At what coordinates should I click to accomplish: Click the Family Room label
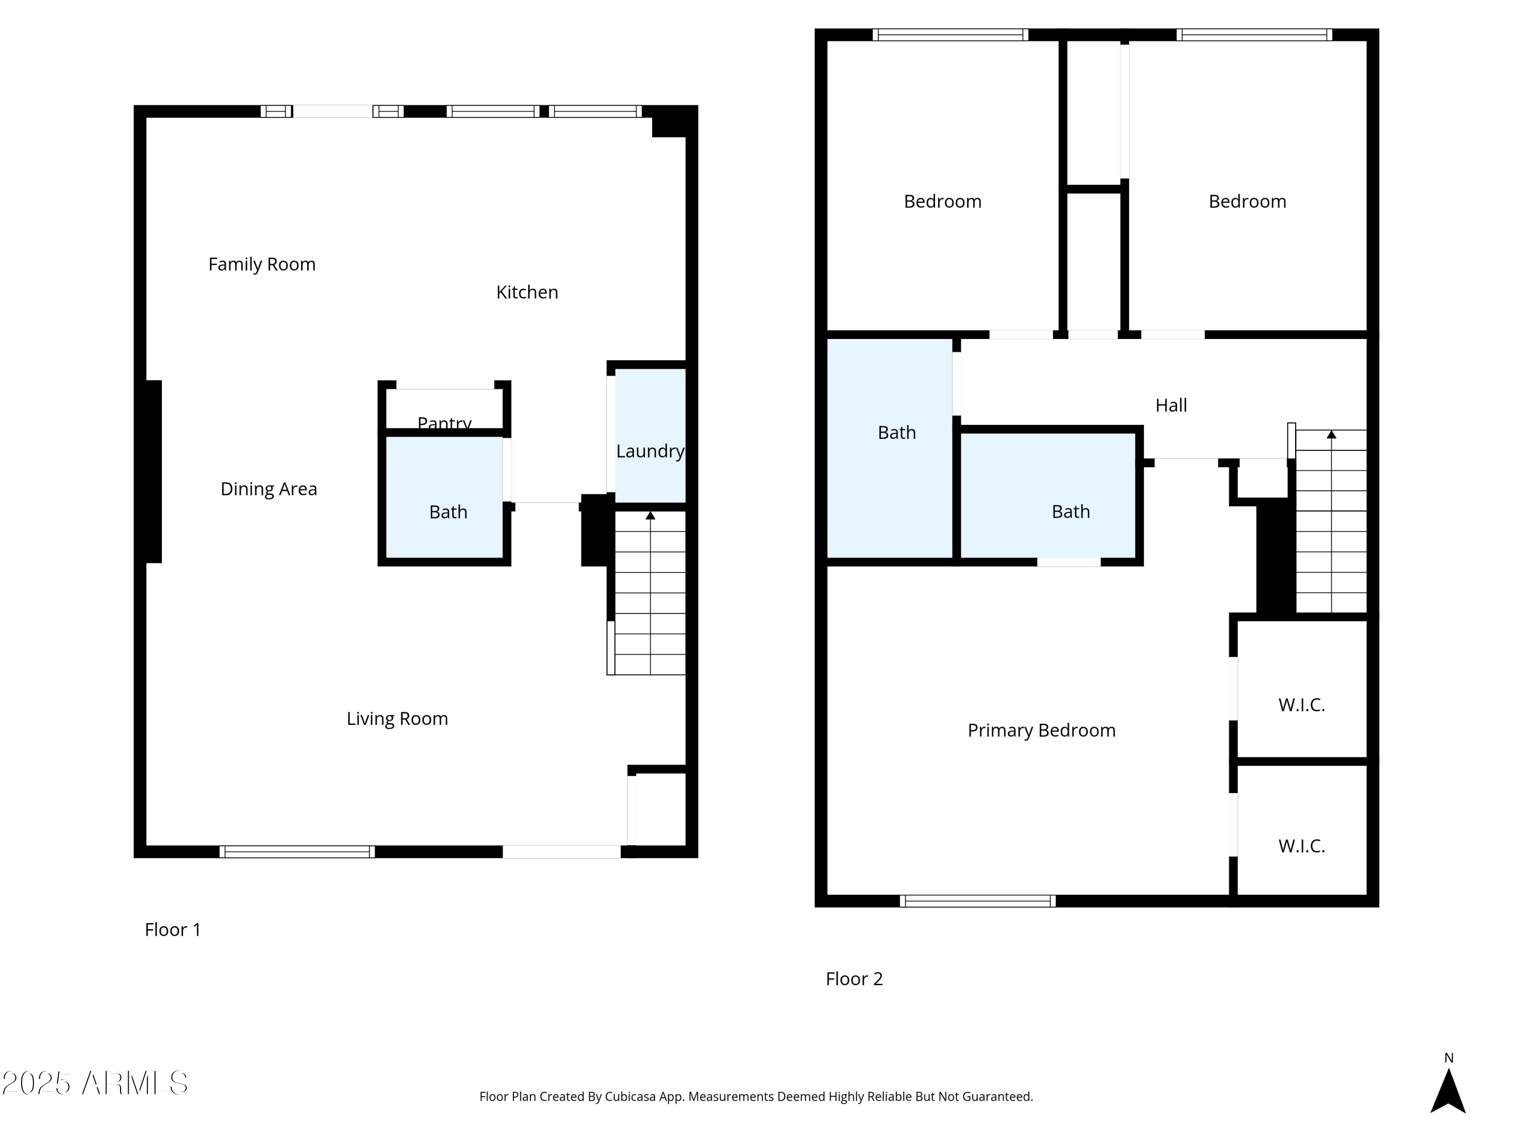click(262, 264)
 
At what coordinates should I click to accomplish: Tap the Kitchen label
click(527, 292)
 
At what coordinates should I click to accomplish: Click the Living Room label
click(397, 718)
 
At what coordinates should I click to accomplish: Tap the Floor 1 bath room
click(448, 512)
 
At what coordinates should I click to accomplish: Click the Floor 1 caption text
click(172, 929)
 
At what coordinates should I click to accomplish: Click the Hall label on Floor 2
click(1171, 405)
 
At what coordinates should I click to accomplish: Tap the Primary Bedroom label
click(1041, 730)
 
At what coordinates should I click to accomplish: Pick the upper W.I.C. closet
click(1301, 705)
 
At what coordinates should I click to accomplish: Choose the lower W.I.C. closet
click(1301, 845)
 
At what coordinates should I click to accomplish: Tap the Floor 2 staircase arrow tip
click(1331, 434)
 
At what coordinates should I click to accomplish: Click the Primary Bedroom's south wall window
click(977, 901)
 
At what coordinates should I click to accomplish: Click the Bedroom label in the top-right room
click(1247, 201)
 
